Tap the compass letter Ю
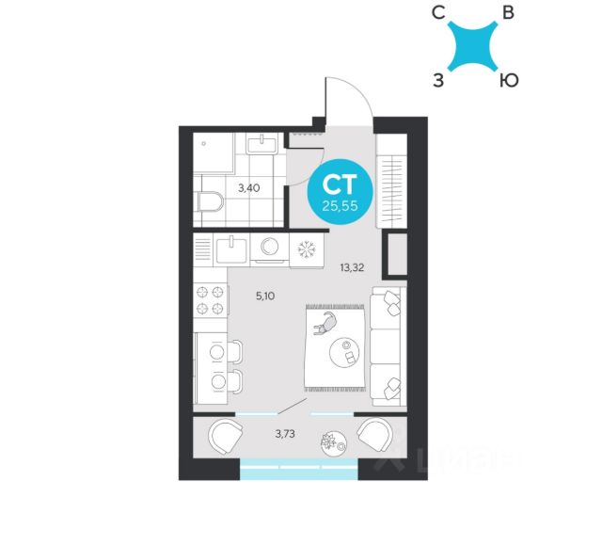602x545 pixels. coord(507,80)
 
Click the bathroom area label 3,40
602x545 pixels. coord(249,187)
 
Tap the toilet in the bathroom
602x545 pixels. coord(210,201)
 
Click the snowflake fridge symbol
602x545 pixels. coord(306,249)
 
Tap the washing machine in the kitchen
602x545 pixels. coord(271,248)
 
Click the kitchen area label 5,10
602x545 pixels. coord(266,295)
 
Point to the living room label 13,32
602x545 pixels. coord(352,266)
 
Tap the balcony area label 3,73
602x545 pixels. coord(288,433)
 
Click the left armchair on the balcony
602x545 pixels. coord(225,437)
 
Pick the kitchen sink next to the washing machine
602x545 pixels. coord(231,248)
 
